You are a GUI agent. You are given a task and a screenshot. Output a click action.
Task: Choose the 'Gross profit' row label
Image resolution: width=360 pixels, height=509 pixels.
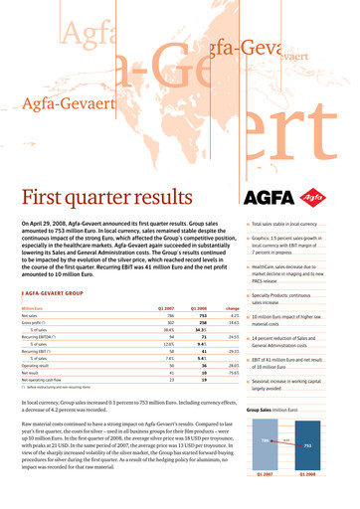pyautogui.click(x=35, y=295)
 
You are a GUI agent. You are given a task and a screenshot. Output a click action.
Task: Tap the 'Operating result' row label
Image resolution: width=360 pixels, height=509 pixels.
pyautogui.click(x=38, y=337)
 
